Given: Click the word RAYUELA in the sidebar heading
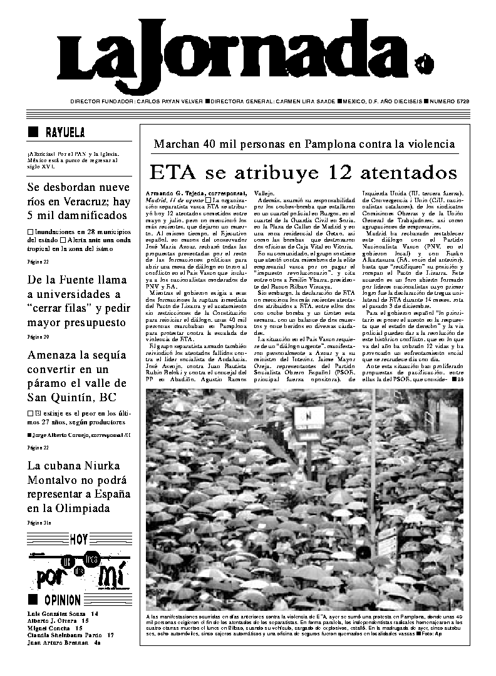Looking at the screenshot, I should point(65,132).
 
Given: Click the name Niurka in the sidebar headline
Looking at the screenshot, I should point(101,466).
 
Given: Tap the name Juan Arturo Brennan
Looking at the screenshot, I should point(57,642).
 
